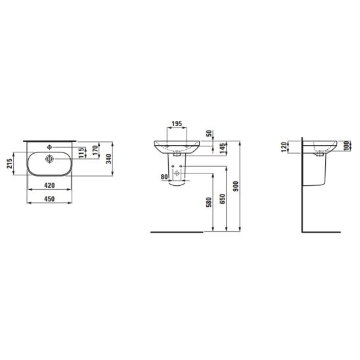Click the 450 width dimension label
click(x=49, y=199)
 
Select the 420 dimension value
click(x=49, y=185)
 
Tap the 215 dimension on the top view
click(x=9, y=164)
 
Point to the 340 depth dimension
click(x=108, y=159)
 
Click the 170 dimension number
click(x=95, y=150)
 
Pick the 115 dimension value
click(x=81, y=153)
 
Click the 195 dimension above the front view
click(x=177, y=124)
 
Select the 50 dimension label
click(x=209, y=133)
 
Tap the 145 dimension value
click(x=222, y=148)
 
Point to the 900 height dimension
click(x=236, y=187)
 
